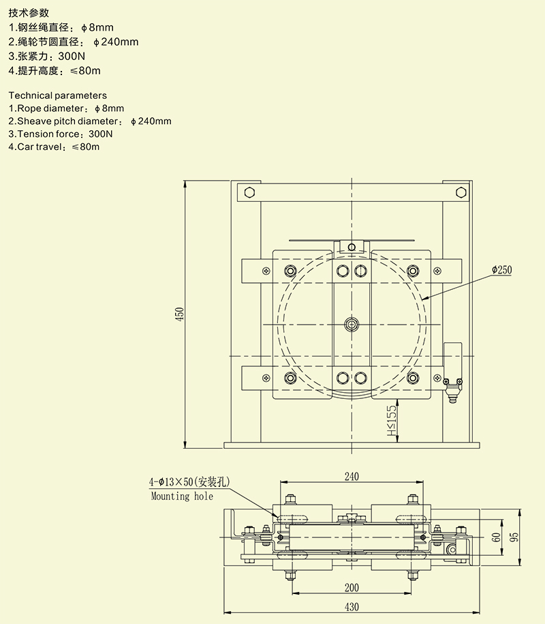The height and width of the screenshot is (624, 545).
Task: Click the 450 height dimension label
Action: (x=180, y=314)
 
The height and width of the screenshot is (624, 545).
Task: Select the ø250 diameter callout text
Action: (x=501, y=270)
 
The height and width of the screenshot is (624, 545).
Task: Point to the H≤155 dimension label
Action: (x=391, y=421)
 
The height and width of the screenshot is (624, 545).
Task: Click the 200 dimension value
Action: (x=352, y=587)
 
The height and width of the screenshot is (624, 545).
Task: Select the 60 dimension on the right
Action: (x=497, y=537)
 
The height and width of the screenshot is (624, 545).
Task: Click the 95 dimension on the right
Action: (x=515, y=536)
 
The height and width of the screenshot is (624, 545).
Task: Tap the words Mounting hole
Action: (x=182, y=496)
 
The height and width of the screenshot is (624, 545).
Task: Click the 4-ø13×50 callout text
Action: (x=190, y=482)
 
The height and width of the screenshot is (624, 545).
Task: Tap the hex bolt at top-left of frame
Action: (x=249, y=192)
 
